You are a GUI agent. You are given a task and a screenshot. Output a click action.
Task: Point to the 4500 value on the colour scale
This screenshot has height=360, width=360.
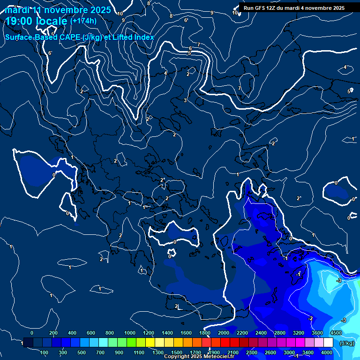pos(335,333)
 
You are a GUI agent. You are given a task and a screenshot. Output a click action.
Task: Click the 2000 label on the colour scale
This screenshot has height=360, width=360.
pos(224,333)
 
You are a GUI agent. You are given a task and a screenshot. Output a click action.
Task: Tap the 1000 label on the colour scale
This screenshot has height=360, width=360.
pos(130,333)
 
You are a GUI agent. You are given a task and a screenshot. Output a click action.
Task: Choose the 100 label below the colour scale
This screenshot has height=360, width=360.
pos(45,352)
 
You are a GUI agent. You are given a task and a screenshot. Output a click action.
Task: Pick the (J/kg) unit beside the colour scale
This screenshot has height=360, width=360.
pos(346,344)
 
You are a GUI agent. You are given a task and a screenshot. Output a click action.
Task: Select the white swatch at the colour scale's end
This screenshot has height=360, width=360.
pos(336,343)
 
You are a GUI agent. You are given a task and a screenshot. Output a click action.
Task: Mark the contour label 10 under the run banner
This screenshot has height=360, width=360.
pos(235,13)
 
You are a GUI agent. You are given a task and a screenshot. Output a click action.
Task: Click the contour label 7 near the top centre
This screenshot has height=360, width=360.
pos(199,45)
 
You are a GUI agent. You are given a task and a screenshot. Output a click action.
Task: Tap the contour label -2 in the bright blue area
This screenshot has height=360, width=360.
pos(310,318)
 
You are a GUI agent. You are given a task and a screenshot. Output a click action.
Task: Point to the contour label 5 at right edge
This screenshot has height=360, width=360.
pos(349,91)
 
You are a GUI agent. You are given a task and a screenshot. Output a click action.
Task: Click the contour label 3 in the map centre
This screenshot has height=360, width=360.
pos(185,100)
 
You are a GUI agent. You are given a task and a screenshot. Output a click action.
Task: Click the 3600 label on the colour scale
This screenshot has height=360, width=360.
pos(317,333)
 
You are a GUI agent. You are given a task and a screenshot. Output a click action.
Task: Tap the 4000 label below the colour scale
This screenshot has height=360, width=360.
pos(327,352)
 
